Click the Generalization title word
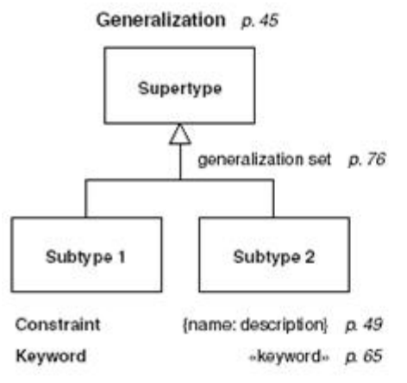(x=161, y=20)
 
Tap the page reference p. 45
(x=260, y=21)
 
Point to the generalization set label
(x=265, y=160)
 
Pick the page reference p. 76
(x=367, y=160)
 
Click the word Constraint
(x=58, y=324)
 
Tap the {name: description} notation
(x=255, y=325)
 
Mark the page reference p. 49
(x=364, y=324)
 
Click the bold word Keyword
(x=51, y=356)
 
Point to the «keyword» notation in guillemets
(x=289, y=356)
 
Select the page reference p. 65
(x=364, y=356)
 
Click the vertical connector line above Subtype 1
(x=85, y=198)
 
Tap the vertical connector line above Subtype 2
(x=273, y=198)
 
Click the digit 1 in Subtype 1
(x=122, y=257)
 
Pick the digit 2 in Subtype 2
(x=310, y=257)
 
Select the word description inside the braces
(x=283, y=325)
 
